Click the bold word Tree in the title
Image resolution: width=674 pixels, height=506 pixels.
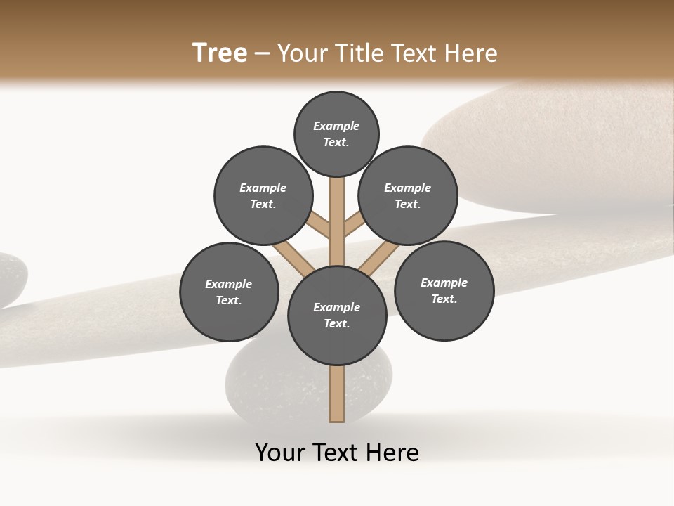point(220,53)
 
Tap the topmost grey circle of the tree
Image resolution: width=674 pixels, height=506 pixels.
point(336,134)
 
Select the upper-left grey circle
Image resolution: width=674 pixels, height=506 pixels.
point(263,195)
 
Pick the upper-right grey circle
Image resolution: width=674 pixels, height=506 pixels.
point(408,195)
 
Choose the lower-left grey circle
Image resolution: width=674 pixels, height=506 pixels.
point(229,292)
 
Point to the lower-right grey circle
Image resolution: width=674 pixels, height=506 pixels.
point(444,290)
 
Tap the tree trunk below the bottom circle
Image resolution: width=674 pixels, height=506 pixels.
point(337,394)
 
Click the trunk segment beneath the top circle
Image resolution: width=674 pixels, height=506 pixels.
point(337,211)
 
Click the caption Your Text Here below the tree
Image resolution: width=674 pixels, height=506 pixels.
point(337,453)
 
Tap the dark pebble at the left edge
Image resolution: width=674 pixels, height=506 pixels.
point(10,280)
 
